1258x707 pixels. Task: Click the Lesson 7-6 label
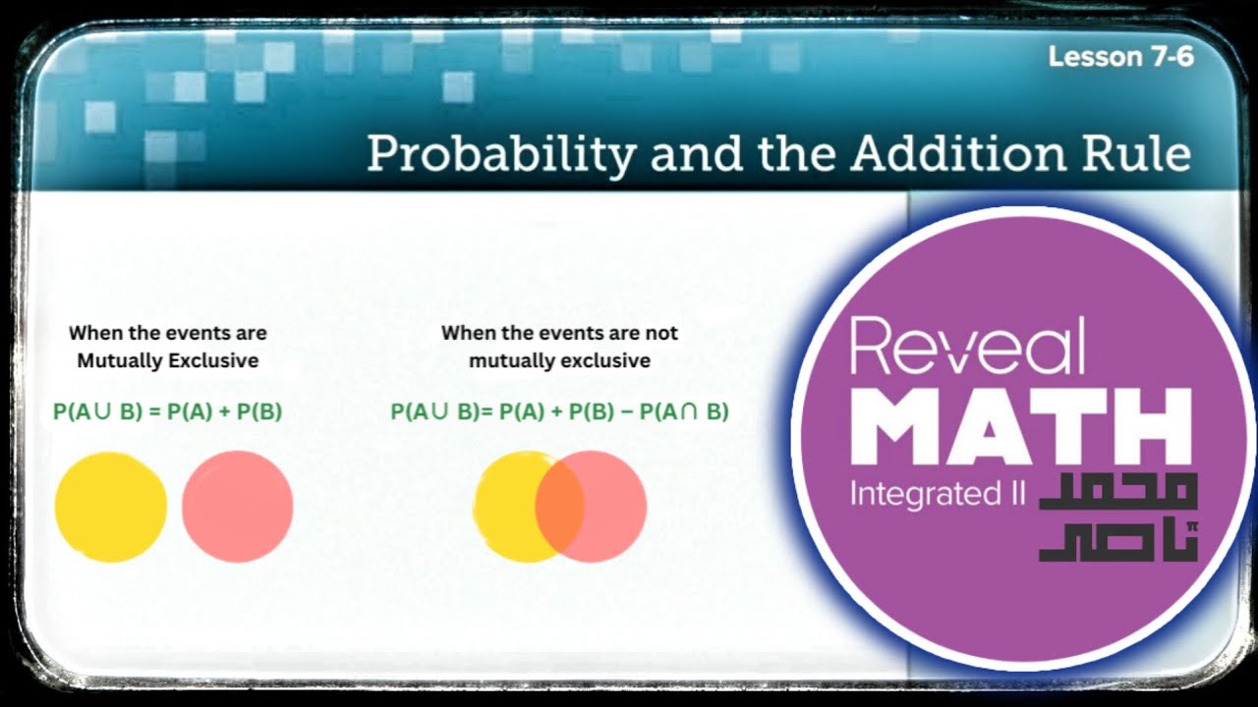[1120, 57]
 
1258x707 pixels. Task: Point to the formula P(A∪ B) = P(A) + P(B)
[167, 412]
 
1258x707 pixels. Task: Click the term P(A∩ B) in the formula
[684, 412]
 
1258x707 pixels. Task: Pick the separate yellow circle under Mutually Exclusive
[110, 507]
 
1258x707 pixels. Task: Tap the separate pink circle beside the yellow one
[238, 507]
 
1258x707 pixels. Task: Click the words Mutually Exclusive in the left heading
[167, 360]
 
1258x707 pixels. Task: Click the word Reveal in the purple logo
[967, 347]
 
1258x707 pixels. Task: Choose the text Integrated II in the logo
[937, 494]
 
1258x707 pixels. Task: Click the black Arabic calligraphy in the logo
[1118, 517]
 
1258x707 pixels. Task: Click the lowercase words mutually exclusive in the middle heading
[559, 360]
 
